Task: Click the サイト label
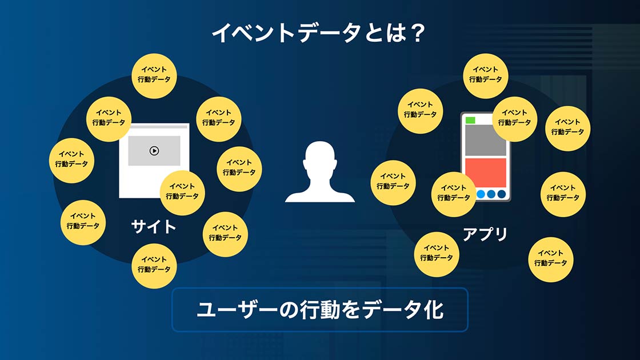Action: [154, 226]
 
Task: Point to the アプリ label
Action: [485, 234]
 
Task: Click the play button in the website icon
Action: [154, 151]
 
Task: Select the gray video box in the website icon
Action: [154, 151]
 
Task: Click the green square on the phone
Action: [470, 120]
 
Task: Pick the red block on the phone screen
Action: [485, 173]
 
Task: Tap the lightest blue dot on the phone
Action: [481, 194]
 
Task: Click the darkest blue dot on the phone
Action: [502, 194]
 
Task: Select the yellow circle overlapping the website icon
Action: [182, 193]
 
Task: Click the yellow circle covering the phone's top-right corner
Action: [514, 119]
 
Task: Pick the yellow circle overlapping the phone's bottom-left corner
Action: [454, 194]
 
